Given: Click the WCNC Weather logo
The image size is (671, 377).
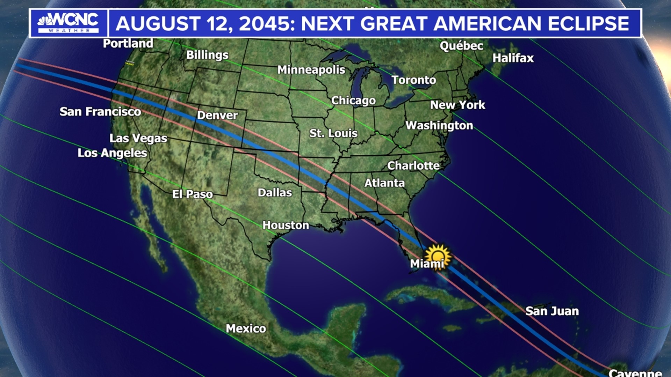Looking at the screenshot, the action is click(x=68, y=23).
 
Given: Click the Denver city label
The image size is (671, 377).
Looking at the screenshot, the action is click(x=217, y=115).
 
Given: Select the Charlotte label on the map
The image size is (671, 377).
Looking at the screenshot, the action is click(x=413, y=165).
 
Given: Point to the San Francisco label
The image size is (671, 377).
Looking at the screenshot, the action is click(x=100, y=112).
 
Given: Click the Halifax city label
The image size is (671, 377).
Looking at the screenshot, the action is click(x=513, y=58).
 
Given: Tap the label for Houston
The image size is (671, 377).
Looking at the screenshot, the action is click(x=286, y=225).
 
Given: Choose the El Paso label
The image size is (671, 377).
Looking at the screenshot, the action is click(x=192, y=194).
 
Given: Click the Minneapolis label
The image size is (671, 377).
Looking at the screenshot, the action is click(x=311, y=70).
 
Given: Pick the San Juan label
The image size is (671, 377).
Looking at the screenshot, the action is click(x=552, y=311).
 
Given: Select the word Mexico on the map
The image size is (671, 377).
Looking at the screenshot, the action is click(x=246, y=328).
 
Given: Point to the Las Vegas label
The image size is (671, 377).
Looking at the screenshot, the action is click(x=138, y=138).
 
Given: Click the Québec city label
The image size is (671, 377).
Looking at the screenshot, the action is click(x=461, y=46).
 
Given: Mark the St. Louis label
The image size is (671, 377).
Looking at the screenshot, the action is click(x=333, y=133).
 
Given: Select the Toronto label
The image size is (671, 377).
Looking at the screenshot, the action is click(x=413, y=80).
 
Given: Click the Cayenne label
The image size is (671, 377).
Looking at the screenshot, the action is click(x=635, y=373).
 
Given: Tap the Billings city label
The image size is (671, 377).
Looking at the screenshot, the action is click(x=207, y=55).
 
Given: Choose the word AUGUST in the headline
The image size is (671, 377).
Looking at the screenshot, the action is click(x=158, y=24).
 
